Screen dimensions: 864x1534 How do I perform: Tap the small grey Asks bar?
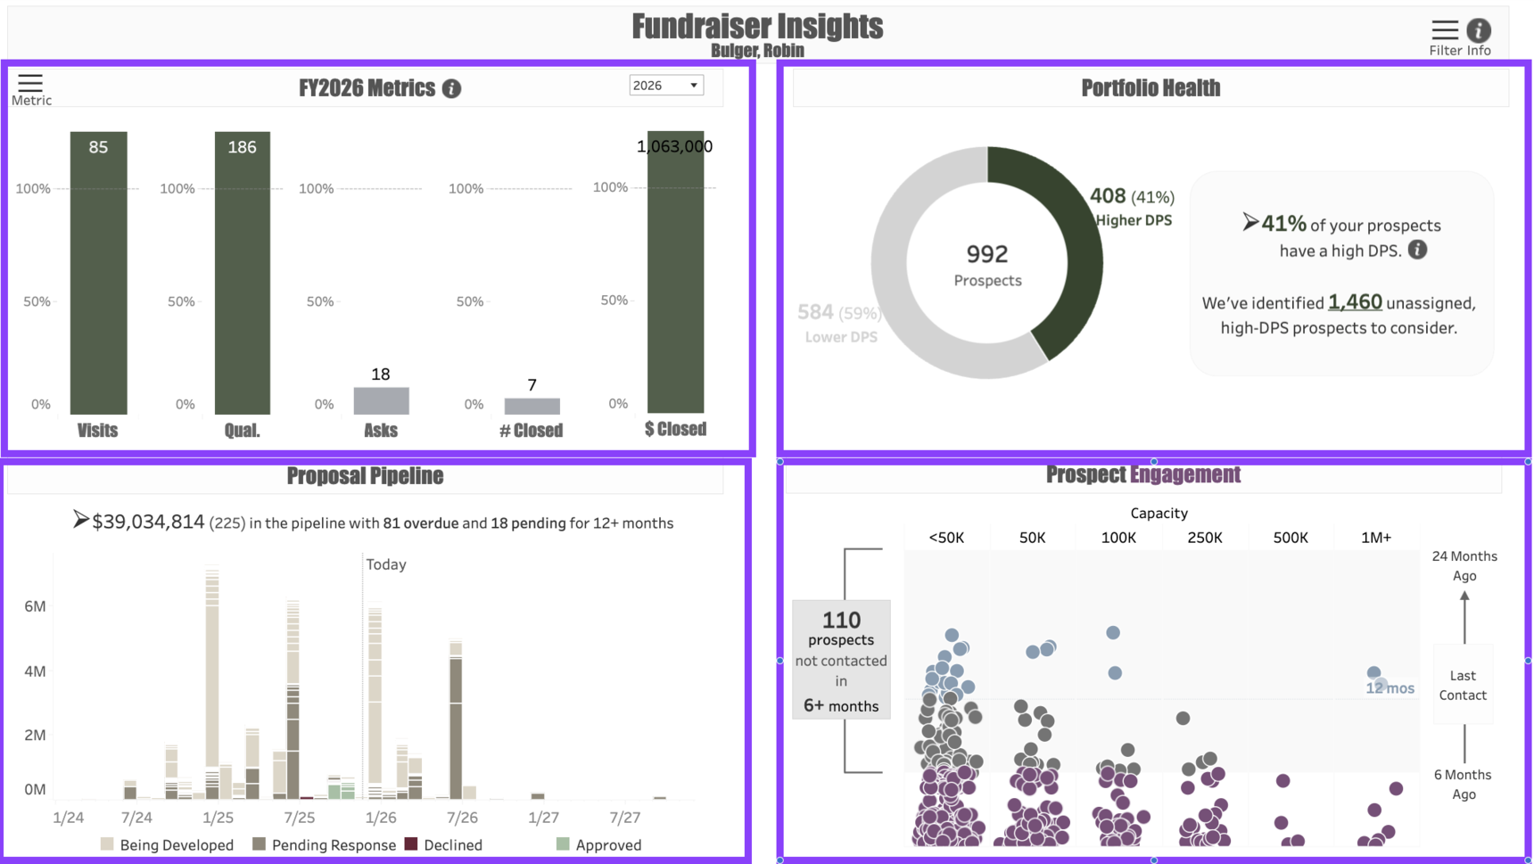381,401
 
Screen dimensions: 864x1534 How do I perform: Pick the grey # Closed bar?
532,407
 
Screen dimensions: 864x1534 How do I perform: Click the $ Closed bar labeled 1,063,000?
675,276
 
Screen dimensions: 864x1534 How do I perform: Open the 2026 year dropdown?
666,86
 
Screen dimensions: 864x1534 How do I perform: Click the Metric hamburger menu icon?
30,83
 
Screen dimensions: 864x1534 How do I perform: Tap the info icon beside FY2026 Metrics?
452,89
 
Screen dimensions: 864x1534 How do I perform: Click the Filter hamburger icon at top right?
1445,30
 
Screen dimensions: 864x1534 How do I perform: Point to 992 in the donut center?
987,254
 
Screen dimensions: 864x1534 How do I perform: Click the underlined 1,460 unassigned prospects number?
1355,302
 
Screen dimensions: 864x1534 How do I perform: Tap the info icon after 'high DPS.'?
1417,250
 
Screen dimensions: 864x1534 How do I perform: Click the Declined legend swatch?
411,843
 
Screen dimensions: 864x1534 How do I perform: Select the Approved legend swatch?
563,843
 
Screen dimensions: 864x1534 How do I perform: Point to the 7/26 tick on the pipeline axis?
462,818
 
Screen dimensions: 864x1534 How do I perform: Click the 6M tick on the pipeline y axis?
35,606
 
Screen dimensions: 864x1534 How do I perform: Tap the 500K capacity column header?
1290,538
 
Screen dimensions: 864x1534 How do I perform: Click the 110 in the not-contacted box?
841,620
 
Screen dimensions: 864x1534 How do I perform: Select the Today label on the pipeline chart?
386,564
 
